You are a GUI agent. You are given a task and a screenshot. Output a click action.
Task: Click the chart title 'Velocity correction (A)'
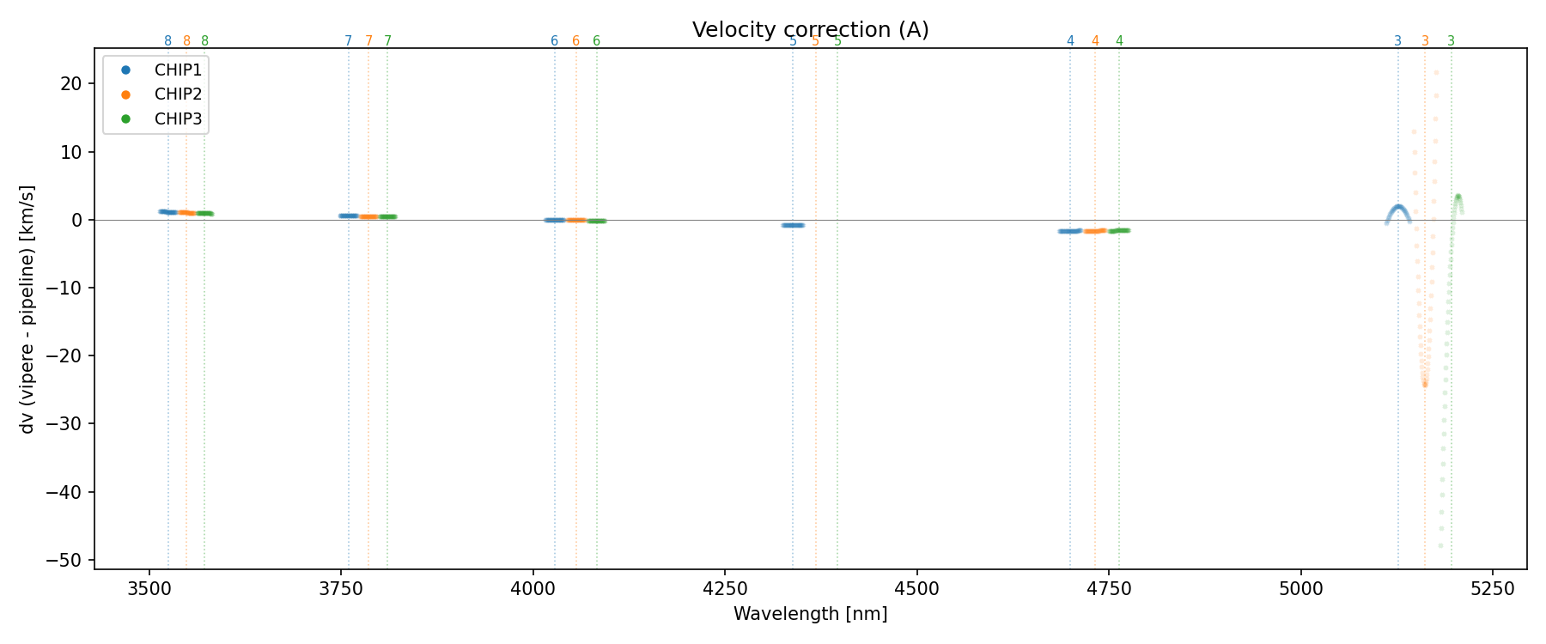[810, 30]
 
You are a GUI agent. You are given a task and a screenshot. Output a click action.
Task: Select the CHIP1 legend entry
[178, 70]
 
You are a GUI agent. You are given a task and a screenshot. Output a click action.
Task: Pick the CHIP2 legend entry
[178, 94]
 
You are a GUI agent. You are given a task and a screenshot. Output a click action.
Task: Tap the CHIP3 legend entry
[178, 119]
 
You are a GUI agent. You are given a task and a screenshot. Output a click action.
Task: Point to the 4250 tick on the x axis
[725, 589]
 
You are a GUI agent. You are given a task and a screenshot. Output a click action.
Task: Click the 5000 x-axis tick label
[1300, 589]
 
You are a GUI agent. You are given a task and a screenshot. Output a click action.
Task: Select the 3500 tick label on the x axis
[149, 589]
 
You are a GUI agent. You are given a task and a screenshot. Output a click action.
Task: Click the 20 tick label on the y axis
[71, 83]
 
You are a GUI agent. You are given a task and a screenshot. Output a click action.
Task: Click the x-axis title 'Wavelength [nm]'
[810, 614]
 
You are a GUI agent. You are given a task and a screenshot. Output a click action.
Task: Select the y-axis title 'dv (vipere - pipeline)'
[27, 309]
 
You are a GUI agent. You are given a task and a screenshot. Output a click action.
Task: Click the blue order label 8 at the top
[167, 41]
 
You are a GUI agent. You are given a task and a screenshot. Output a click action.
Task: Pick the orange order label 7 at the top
[368, 41]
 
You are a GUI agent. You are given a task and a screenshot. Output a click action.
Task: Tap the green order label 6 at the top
[597, 41]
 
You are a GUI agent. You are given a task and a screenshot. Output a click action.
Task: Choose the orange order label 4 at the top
[1095, 41]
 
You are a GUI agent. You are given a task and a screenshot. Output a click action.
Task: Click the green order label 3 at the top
[1452, 41]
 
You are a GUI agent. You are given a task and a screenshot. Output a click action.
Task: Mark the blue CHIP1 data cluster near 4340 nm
[793, 225]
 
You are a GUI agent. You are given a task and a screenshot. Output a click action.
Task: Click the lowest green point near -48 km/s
[1440, 545]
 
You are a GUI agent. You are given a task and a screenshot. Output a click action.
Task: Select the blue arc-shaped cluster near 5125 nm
[1398, 209]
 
